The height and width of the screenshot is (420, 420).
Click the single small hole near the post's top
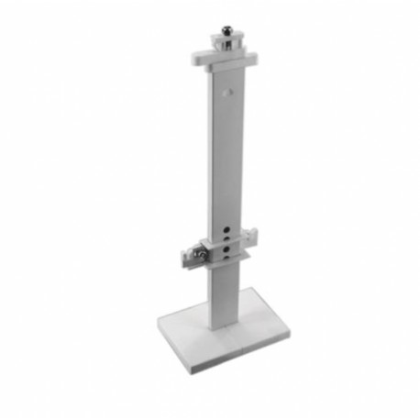[x=228, y=92]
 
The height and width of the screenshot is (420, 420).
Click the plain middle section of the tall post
[x=226, y=156]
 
